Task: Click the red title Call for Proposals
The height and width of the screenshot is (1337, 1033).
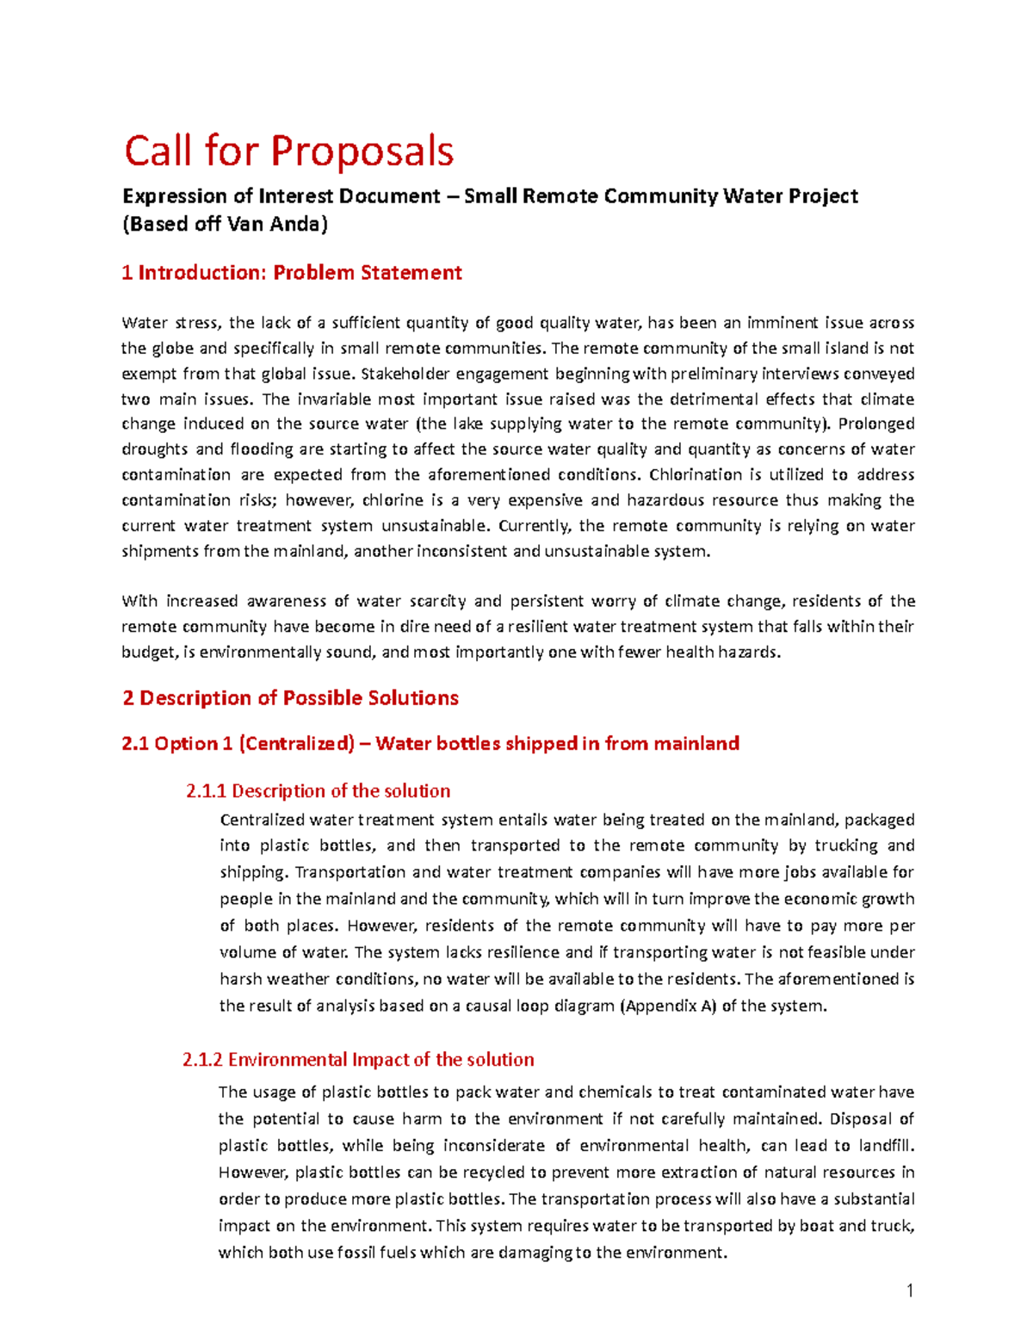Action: click(288, 152)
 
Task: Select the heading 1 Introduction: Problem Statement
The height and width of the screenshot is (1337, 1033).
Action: click(292, 273)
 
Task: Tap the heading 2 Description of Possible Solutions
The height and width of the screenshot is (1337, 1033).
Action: click(290, 697)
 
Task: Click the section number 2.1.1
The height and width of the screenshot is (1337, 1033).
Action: click(206, 791)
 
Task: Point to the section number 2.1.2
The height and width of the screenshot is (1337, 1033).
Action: click(203, 1060)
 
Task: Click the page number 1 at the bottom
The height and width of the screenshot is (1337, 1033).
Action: click(909, 1291)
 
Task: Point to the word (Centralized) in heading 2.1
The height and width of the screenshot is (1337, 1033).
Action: click(296, 744)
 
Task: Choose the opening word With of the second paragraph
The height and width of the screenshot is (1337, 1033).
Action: click(139, 601)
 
